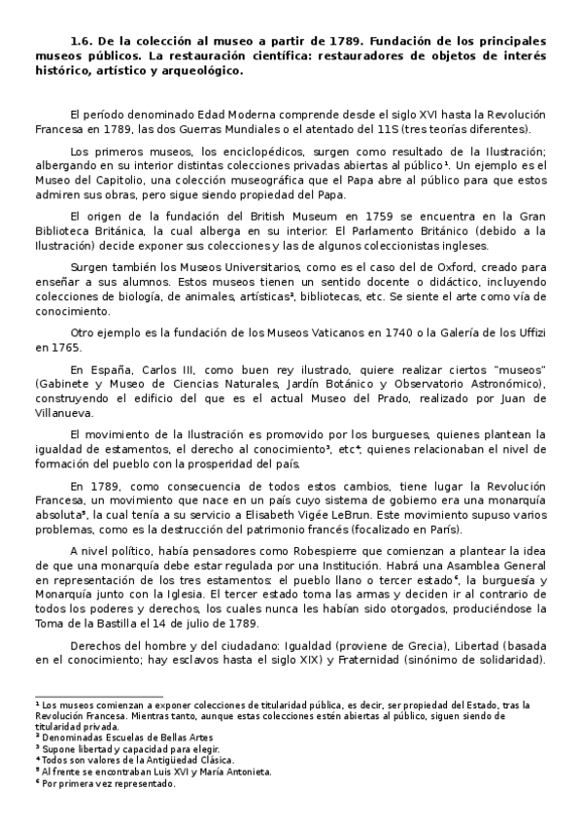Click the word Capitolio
point(139,180)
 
